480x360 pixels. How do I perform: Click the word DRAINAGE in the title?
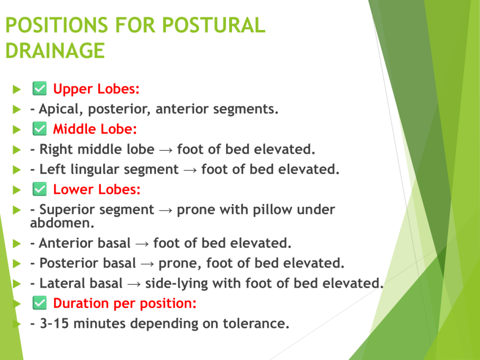[55, 51]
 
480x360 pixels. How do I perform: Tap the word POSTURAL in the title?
[214, 25]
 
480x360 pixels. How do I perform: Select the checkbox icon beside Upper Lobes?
[39, 89]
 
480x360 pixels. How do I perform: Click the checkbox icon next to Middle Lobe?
[39, 128]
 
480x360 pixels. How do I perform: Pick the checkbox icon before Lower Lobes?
[39, 189]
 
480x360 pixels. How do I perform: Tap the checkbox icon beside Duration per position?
[39, 303]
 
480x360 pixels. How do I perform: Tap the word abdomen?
[62, 223]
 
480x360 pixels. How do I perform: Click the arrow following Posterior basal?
[147, 264]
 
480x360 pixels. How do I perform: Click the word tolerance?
[256, 323]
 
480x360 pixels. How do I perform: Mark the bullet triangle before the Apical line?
[17, 109]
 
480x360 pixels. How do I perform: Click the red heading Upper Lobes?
[96, 89]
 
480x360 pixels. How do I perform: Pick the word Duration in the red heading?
[81, 303]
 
